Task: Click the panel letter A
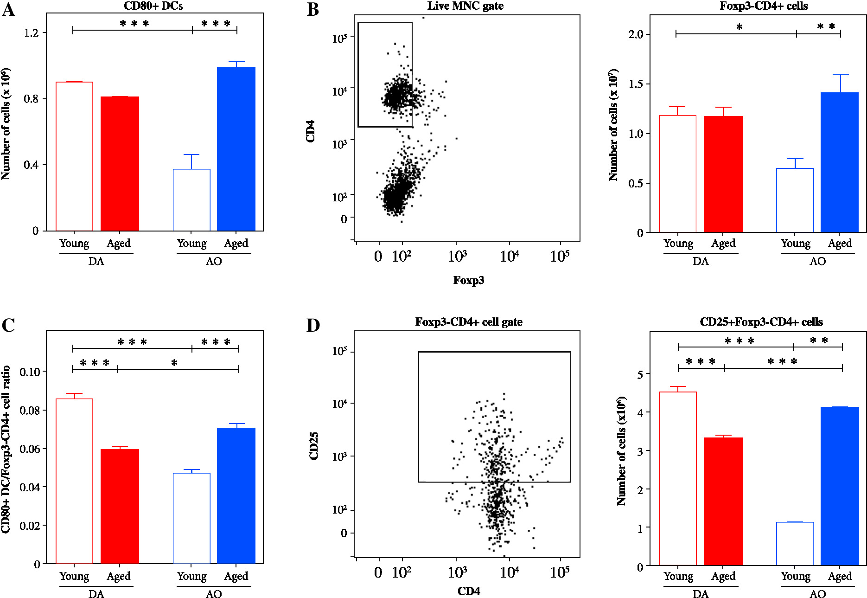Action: [8, 9]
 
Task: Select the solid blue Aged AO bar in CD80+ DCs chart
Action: [236, 149]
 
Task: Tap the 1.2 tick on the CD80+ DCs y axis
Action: [32, 33]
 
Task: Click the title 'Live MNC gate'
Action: [465, 6]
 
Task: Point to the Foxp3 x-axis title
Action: [468, 280]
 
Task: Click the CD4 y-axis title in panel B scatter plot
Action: [311, 131]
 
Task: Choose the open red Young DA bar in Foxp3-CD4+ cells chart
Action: [677, 174]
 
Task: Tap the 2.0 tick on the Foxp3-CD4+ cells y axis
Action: [636, 34]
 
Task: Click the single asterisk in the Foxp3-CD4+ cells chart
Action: [739, 27]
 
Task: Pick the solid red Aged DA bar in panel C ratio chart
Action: [120, 506]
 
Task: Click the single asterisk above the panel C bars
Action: [174, 362]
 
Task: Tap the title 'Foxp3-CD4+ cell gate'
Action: [468, 322]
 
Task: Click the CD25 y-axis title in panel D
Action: [314, 445]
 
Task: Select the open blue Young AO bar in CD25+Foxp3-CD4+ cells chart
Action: [795, 543]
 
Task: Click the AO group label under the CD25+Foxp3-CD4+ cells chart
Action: [817, 594]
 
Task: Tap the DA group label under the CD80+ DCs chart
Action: [96, 261]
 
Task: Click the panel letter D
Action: [313, 326]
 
